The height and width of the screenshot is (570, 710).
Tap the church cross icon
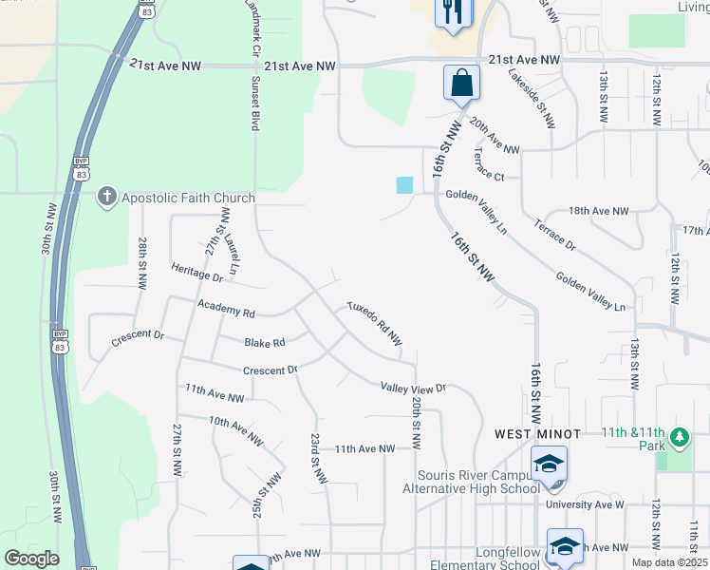tap(106, 198)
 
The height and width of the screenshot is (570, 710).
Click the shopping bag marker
tap(461, 83)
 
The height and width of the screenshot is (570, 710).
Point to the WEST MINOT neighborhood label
tap(532, 433)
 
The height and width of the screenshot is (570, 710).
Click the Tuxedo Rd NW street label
tap(375, 325)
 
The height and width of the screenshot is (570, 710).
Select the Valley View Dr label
tap(413, 388)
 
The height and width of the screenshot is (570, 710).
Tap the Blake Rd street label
tap(264, 343)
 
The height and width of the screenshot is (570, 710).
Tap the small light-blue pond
tap(405, 185)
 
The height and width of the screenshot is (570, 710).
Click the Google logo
tap(31, 559)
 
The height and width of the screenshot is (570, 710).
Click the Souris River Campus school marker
tap(549, 465)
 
